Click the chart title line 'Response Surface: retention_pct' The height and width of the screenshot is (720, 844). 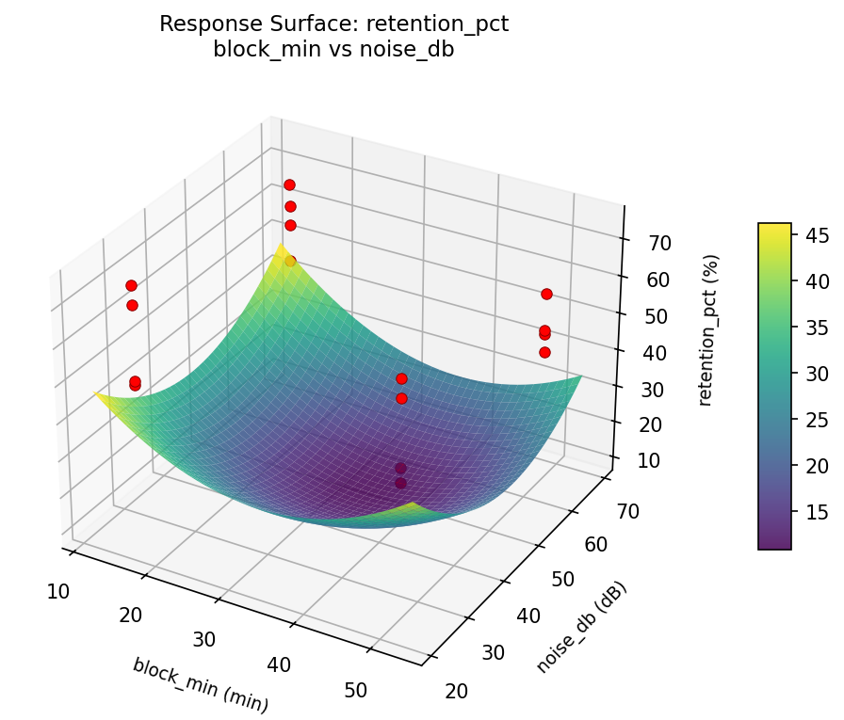(x=333, y=24)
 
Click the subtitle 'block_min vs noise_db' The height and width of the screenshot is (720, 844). (x=333, y=50)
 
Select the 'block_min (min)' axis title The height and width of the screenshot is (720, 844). (x=201, y=684)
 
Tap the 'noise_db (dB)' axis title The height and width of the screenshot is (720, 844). (x=581, y=627)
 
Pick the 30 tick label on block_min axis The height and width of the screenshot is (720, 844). (x=204, y=640)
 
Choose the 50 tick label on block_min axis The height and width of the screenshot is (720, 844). (x=355, y=690)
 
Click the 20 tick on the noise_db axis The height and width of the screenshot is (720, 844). (x=456, y=691)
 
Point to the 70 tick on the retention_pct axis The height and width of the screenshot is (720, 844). (x=659, y=243)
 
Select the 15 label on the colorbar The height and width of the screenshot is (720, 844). (x=816, y=512)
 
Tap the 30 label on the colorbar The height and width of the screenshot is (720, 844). (x=816, y=374)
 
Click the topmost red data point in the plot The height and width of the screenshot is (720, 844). (x=289, y=184)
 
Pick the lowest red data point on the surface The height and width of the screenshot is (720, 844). (x=400, y=483)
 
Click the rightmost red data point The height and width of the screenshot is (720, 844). (x=546, y=294)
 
